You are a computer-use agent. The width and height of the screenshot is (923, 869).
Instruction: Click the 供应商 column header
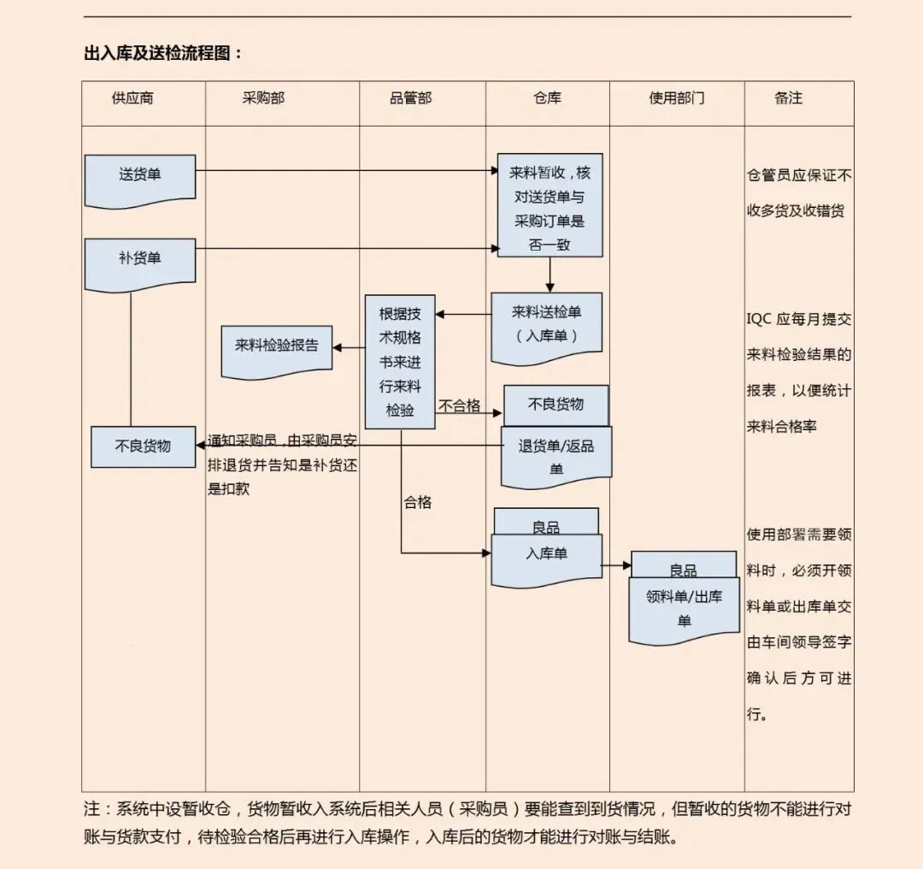click(x=132, y=98)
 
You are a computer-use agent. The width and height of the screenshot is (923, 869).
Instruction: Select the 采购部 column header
click(x=263, y=98)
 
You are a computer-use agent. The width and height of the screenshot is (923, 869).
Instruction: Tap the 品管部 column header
click(x=410, y=98)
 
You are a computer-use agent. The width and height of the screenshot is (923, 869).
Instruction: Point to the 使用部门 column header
click(x=677, y=98)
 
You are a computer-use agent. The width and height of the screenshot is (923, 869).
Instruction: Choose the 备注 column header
click(x=789, y=98)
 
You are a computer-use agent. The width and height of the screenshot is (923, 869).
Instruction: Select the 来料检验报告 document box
click(x=277, y=347)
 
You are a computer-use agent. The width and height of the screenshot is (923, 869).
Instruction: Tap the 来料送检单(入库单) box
click(x=547, y=325)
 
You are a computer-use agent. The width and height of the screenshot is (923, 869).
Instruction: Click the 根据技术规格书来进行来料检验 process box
click(x=400, y=362)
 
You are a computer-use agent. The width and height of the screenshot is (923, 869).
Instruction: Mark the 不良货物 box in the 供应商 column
click(x=143, y=446)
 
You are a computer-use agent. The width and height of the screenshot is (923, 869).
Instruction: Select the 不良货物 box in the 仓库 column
click(x=556, y=405)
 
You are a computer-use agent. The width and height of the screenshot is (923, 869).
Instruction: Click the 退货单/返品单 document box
click(x=556, y=455)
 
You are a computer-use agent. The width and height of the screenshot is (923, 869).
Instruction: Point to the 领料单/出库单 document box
click(x=684, y=608)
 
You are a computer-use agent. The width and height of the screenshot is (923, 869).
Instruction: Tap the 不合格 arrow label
click(x=460, y=405)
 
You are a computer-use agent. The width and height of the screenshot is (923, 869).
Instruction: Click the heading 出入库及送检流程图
click(x=163, y=53)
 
